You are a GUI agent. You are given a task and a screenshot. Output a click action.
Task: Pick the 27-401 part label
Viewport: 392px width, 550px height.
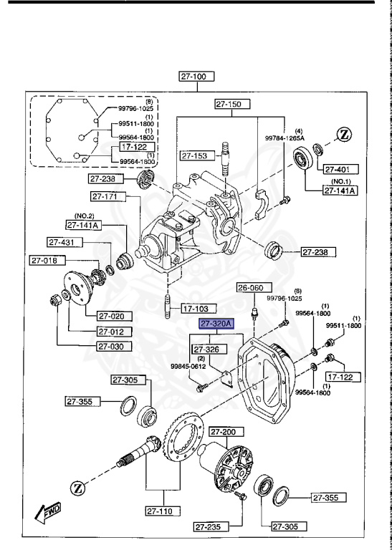[336, 170]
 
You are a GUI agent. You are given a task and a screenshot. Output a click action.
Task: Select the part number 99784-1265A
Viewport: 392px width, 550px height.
[305, 136]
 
